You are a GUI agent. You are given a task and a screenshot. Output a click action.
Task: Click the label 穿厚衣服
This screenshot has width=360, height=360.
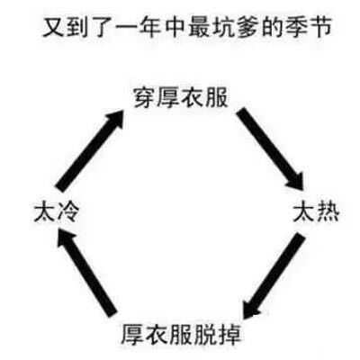[x=181, y=97]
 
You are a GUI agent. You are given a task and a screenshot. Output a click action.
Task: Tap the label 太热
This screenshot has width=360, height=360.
[x=316, y=212]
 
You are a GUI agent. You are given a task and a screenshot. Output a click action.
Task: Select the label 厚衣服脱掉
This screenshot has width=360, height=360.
[x=181, y=334]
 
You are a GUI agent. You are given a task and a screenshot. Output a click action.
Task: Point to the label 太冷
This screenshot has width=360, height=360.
[x=57, y=212]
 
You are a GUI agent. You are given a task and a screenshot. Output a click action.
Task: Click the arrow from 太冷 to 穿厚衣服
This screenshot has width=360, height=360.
[x=91, y=150]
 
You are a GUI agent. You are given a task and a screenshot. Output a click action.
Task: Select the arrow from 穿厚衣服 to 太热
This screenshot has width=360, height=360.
[x=270, y=148]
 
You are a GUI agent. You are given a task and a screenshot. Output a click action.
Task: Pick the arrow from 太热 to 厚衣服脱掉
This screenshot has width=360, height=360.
[x=274, y=275]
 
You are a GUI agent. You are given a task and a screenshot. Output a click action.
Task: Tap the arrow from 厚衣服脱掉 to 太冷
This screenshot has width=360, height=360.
[x=86, y=272]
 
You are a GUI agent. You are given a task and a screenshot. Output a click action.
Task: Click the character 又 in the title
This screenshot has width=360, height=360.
[x=53, y=28]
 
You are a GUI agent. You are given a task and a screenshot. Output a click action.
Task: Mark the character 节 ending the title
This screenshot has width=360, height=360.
[x=320, y=28]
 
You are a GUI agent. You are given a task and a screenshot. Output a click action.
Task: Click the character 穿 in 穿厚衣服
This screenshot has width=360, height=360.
[x=145, y=97]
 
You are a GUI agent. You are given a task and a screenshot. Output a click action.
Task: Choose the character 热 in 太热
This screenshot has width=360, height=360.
[x=328, y=212]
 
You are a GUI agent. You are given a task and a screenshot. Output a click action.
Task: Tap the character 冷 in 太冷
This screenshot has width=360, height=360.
[x=68, y=212]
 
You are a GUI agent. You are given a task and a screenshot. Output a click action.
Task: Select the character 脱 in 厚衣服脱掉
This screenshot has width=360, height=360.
[x=205, y=334]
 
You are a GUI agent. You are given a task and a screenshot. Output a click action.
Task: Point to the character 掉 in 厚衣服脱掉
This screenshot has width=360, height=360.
[x=229, y=334]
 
